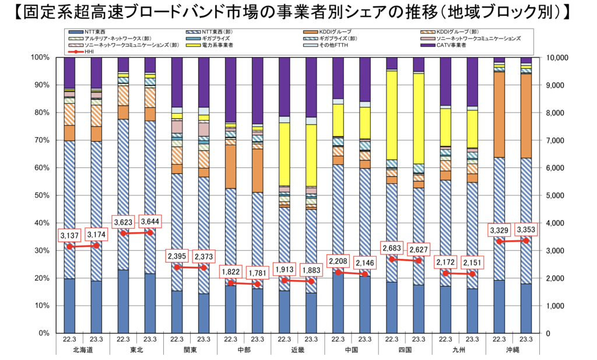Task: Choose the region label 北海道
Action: [x=83, y=349]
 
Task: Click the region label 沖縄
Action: [x=512, y=349]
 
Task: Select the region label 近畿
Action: [x=297, y=349]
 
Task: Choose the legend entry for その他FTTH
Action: [x=332, y=45]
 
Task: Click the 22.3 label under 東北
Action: [x=123, y=339]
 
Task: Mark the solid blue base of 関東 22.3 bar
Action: [x=177, y=312]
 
